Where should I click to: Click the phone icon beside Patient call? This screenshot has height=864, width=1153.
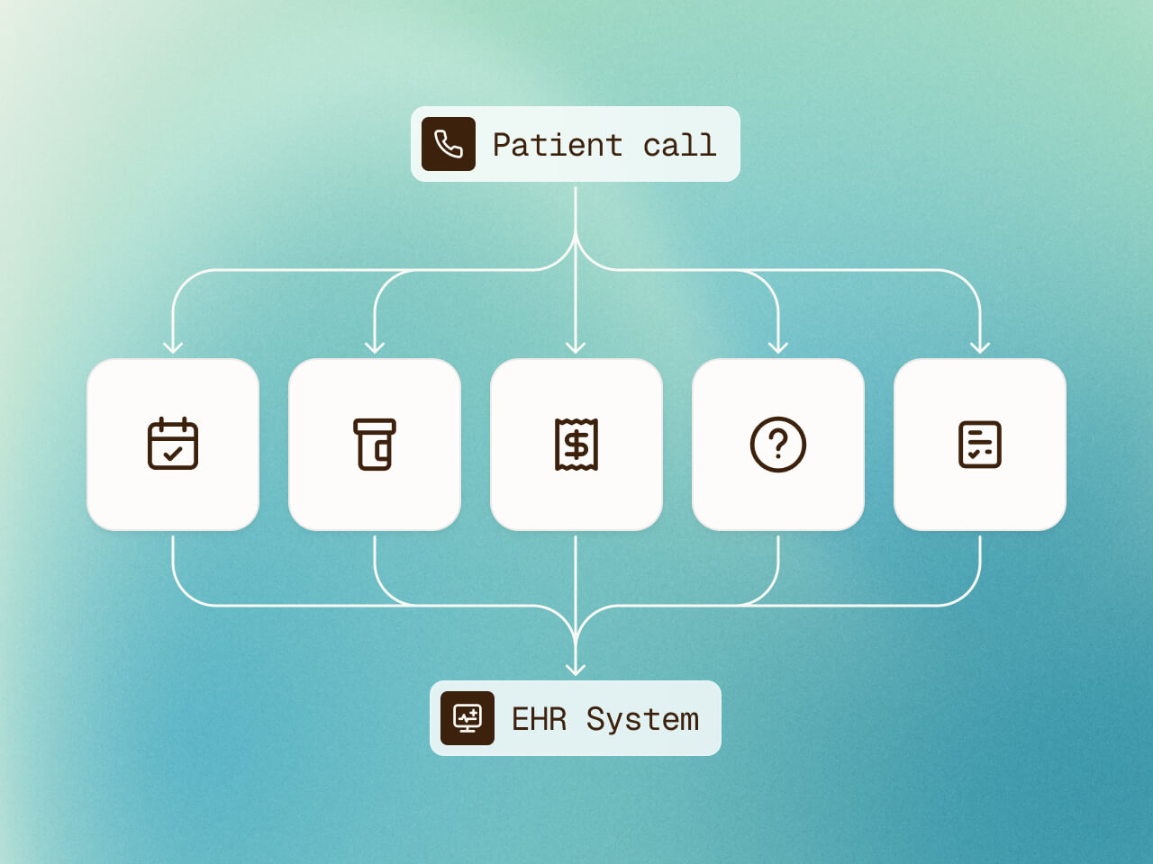coord(449,144)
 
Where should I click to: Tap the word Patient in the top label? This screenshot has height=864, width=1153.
coord(557,145)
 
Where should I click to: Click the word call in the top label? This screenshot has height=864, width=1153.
coord(679,145)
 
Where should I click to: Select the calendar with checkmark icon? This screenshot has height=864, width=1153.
coord(173,444)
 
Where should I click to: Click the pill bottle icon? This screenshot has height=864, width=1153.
coord(375,444)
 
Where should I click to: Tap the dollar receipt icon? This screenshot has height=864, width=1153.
coord(576,444)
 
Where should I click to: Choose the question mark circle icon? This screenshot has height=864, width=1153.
coord(778,444)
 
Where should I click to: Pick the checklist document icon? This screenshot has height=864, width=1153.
coord(980,444)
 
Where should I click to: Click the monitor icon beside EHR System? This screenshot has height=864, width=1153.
coord(468,718)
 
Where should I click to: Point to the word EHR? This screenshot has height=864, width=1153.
coord(539,719)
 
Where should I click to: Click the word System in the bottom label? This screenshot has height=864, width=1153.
coord(642,719)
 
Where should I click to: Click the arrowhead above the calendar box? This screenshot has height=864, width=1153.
coord(173,347)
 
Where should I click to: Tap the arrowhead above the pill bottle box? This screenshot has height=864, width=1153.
coord(375,347)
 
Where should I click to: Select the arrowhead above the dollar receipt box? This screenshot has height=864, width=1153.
coord(576,347)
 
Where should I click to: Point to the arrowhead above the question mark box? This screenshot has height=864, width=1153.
coord(778,347)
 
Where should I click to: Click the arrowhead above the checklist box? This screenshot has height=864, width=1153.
coord(980,347)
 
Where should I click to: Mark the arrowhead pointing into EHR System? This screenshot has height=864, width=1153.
coord(576,669)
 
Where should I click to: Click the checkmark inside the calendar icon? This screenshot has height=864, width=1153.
coord(174,454)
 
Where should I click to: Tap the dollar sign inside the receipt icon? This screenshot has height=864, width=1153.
coord(576,445)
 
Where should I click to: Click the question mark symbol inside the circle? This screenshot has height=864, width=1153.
coord(778,443)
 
